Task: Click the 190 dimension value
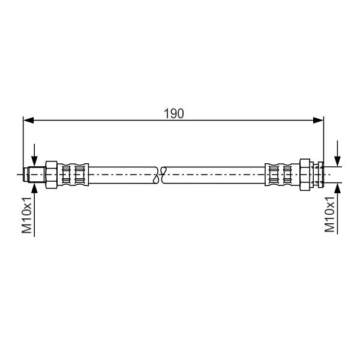click(x=174, y=113)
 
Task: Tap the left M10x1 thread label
click(x=26, y=215)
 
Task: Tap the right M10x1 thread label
click(x=329, y=214)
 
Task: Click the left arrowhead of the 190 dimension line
click(x=28, y=120)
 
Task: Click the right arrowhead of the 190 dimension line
click(x=319, y=120)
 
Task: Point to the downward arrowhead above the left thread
click(x=34, y=160)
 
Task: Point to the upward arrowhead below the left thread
click(x=34, y=188)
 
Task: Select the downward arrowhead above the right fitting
click(x=337, y=161)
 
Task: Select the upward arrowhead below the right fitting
click(x=337, y=188)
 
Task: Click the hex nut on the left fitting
click(x=52, y=175)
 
